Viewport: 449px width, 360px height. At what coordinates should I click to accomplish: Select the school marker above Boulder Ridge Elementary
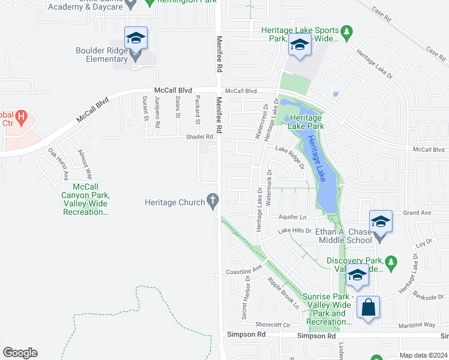point(136,38)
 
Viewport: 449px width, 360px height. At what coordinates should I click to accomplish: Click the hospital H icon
point(21,117)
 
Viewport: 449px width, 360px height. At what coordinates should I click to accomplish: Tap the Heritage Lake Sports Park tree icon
point(346,31)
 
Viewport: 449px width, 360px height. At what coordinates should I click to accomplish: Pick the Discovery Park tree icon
point(391,262)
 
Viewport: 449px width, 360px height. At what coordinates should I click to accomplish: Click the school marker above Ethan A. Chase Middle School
point(380,221)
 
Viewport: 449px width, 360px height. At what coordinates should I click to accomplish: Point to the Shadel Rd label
point(201,137)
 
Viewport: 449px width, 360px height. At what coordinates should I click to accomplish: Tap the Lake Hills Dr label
point(295,230)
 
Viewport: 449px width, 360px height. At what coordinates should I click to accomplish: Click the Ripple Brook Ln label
point(283,293)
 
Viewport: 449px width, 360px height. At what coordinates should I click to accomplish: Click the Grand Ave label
point(418,212)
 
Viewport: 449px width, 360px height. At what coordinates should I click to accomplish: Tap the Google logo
point(20,353)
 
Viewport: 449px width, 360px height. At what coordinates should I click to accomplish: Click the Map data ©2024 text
point(423,355)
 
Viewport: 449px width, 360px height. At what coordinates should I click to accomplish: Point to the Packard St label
point(196,107)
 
